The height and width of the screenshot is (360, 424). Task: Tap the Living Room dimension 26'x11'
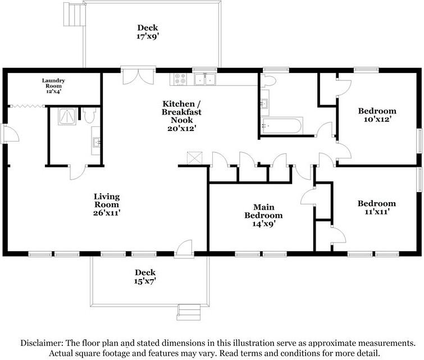tap(107, 213)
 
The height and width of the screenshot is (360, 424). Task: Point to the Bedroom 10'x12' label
tap(377, 115)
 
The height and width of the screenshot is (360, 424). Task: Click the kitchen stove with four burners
tap(182, 79)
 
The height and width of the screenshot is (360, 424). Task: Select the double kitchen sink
tap(205, 79)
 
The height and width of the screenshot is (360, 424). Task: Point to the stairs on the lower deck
tap(189, 311)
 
